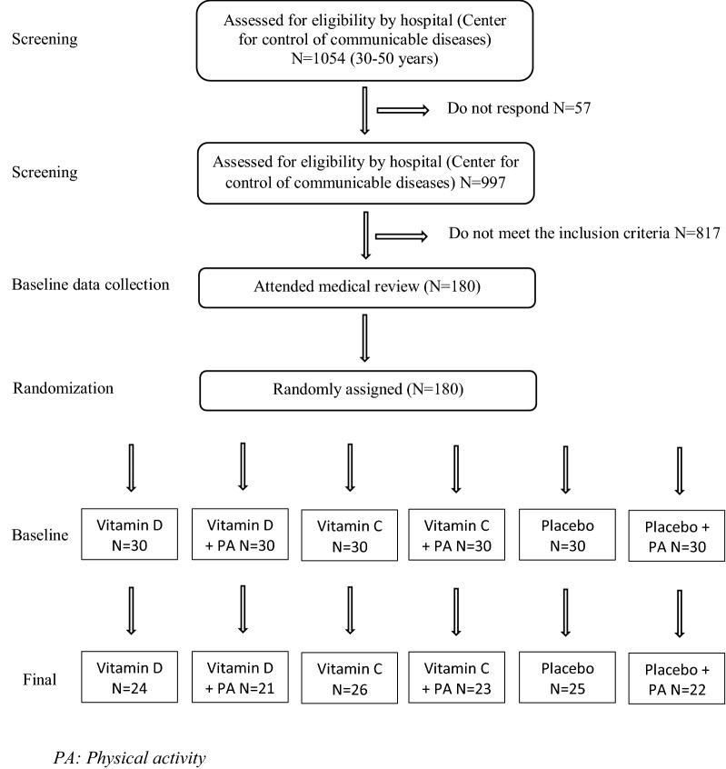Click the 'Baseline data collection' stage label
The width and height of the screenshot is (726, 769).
click(91, 285)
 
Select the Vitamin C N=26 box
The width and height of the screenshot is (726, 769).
click(351, 677)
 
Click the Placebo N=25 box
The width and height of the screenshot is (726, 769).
click(566, 676)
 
